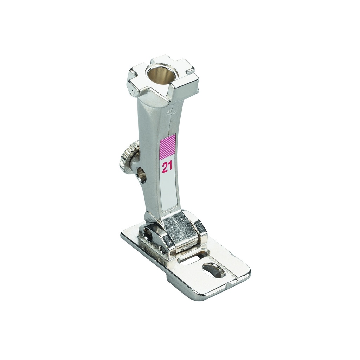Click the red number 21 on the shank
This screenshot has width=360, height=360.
point(167,168)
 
